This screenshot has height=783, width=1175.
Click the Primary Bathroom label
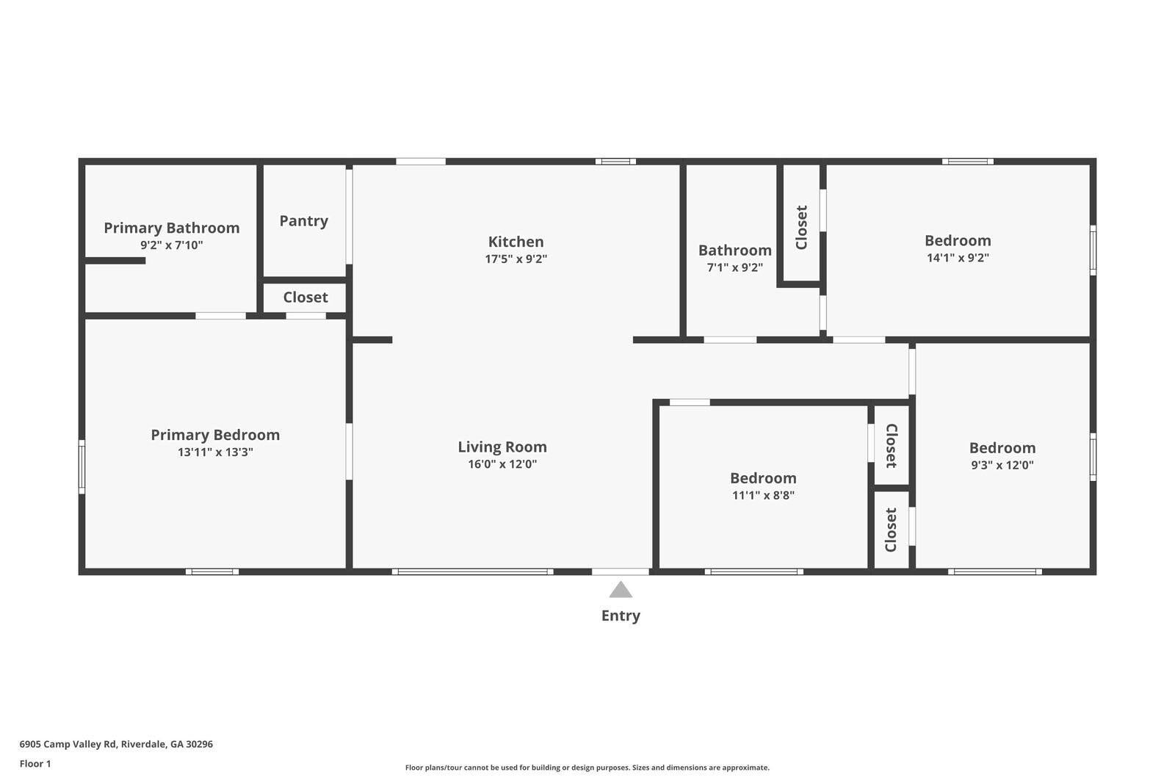(x=171, y=228)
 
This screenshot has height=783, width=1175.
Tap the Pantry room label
(x=303, y=220)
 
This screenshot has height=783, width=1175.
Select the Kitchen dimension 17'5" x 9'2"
(x=516, y=259)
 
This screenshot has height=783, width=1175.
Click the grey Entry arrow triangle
(x=621, y=590)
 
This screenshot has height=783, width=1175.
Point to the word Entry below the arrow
(x=621, y=616)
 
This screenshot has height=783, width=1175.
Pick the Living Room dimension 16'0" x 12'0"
(x=502, y=463)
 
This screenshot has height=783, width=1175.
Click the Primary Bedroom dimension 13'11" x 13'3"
(x=215, y=452)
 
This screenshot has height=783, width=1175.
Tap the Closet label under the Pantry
(x=305, y=297)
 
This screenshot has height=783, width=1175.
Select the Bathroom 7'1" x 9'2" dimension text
(x=734, y=267)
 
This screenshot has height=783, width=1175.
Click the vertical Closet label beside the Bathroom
(x=801, y=227)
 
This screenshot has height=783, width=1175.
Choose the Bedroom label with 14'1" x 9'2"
(x=958, y=240)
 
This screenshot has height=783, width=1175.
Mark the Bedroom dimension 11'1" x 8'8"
(x=763, y=495)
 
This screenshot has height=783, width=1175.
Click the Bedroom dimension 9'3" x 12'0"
(x=1002, y=464)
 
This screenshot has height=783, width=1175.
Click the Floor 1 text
(x=35, y=763)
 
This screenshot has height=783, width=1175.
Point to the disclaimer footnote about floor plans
(x=587, y=768)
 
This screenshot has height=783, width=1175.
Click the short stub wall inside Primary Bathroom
(x=115, y=260)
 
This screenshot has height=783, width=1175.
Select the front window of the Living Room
(x=472, y=571)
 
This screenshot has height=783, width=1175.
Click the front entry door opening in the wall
(x=621, y=571)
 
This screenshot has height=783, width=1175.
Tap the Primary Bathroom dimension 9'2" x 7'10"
(x=171, y=245)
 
